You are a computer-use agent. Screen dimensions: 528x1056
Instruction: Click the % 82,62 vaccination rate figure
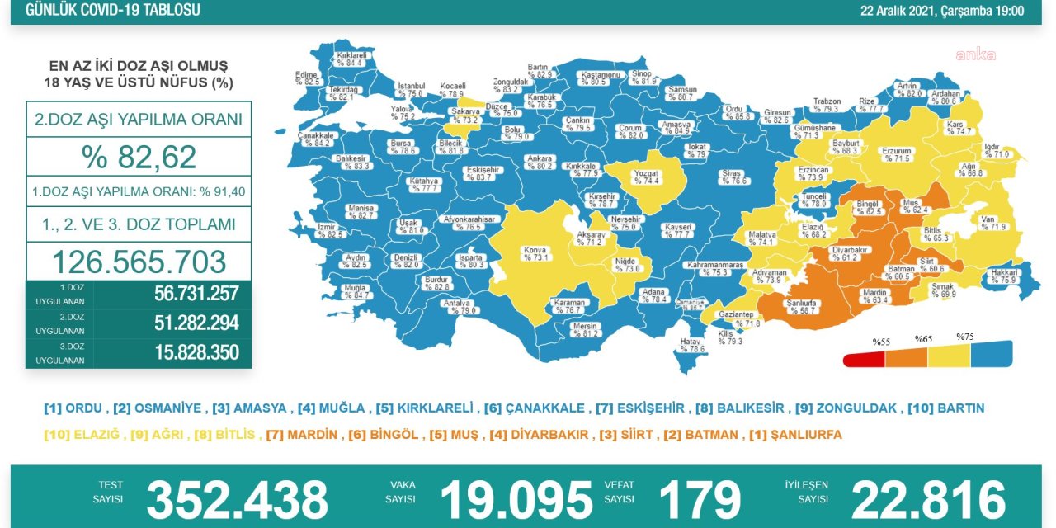point(139,156)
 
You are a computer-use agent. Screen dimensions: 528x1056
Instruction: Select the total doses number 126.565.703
point(139,262)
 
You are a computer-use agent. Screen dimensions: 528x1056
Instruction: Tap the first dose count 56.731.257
point(196,294)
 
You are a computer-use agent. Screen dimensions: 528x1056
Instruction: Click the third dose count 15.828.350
point(196,352)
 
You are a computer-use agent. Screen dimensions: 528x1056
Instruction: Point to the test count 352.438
point(237,500)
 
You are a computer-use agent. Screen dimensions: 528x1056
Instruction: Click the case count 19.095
point(516,500)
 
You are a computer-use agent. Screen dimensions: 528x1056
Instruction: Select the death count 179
point(699,500)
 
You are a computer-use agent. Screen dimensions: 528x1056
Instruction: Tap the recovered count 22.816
point(928,500)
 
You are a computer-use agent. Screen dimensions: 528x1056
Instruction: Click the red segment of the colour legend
point(863,360)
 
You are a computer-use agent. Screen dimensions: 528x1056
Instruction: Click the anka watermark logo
point(975,55)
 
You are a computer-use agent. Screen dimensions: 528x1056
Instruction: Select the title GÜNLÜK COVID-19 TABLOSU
point(113,11)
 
